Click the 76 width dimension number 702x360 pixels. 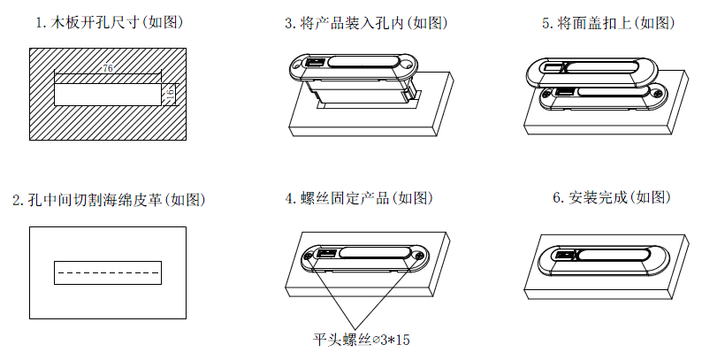coord(108,68)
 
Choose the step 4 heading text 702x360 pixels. coord(362,198)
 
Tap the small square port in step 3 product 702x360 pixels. coord(315,63)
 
